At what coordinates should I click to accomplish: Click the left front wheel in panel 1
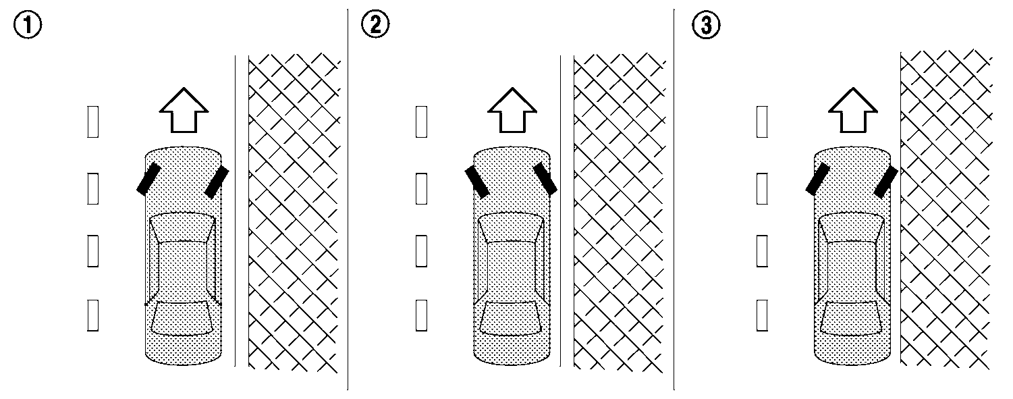coord(148,179)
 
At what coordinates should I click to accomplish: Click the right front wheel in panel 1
coord(217,182)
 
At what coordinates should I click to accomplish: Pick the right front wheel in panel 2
coord(545,178)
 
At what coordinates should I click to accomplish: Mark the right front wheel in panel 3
coord(885,182)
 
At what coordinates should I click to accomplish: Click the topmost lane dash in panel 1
coord(93,122)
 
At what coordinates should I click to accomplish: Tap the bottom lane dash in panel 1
coord(93,316)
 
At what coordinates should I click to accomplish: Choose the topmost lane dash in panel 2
coord(421,122)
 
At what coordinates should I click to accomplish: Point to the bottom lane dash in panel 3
coord(762,316)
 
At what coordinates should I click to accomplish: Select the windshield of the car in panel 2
coord(511,227)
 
